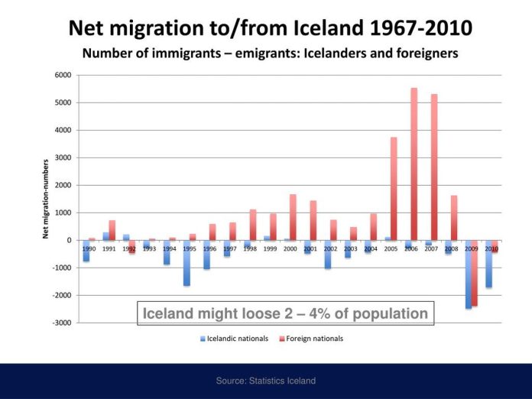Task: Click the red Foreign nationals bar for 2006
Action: (414, 164)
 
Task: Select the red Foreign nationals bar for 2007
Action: (434, 167)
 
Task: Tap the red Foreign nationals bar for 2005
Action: (394, 189)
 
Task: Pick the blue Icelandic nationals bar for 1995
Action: (187, 263)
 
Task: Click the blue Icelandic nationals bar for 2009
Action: (469, 274)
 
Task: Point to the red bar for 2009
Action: (475, 273)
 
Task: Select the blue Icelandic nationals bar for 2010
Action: (488, 264)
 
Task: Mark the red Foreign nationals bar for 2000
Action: (293, 217)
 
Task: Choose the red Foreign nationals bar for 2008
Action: (454, 218)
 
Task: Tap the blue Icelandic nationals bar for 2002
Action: (327, 255)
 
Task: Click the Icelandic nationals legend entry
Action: (234, 339)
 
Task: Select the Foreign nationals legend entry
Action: (311, 339)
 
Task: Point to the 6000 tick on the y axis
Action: (63, 75)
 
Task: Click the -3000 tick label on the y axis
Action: (62, 323)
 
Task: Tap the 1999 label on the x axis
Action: (270, 248)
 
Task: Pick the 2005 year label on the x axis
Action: (391, 248)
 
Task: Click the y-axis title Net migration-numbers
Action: (45, 199)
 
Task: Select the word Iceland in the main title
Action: (328, 28)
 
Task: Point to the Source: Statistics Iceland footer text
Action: (266, 381)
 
